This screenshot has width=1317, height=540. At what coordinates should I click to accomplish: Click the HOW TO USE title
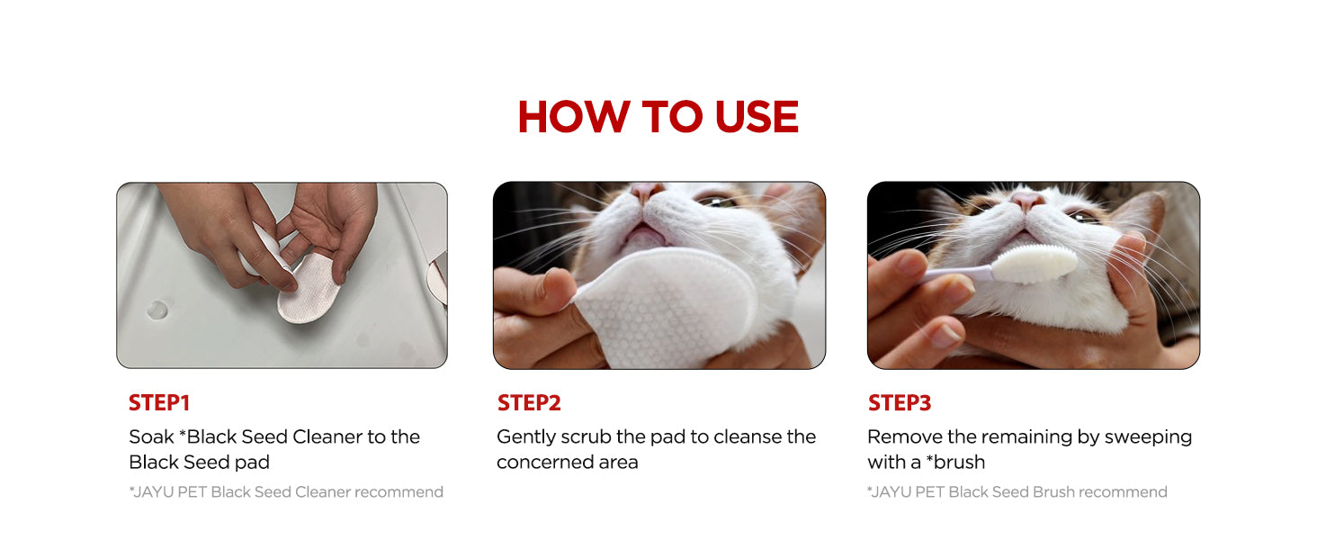pos(658,116)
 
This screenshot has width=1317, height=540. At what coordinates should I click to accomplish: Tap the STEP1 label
pos(159,403)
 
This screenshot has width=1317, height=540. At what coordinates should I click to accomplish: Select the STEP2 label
pos(529,403)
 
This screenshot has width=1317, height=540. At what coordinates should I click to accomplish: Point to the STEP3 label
pos(900,403)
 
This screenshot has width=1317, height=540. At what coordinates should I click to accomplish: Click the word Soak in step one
pos(152,437)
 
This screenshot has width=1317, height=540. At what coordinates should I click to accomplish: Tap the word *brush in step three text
pos(955,463)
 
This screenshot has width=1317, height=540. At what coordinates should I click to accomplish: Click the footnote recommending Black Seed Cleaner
pos(286,492)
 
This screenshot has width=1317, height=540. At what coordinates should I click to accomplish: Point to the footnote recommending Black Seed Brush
pos(1017,492)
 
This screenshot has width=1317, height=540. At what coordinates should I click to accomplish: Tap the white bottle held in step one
pos(261,249)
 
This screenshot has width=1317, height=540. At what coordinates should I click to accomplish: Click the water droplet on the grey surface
pos(157,310)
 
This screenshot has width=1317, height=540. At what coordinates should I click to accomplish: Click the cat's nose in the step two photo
pos(646,191)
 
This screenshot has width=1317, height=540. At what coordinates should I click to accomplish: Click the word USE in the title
pos(757,116)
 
